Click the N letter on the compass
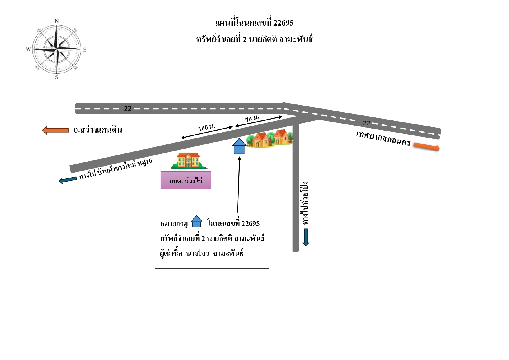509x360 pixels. point(57,21)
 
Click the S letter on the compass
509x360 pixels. point(57,77)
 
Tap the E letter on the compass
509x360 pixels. point(85,50)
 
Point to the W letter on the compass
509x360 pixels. point(28,49)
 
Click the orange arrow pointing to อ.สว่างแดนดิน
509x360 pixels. point(55,130)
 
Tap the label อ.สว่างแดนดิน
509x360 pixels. point(97,129)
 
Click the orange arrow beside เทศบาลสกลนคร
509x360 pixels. point(426,146)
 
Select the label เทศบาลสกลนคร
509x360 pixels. point(383,138)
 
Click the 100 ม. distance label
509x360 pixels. point(207,127)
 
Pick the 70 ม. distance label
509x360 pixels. point(252,118)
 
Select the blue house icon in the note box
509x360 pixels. point(196,221)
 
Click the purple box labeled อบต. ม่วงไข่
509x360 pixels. point(186,180)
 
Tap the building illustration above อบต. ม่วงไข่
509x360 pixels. point(189,161)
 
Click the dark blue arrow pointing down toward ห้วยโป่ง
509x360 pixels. point(306,237)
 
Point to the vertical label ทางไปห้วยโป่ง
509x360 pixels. point(305,203)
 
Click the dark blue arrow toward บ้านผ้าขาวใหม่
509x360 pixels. point(68,180)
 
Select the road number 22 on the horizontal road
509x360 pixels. point(128,108)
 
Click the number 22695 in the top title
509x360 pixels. point(283,23)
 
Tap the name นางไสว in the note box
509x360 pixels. point(198,254)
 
